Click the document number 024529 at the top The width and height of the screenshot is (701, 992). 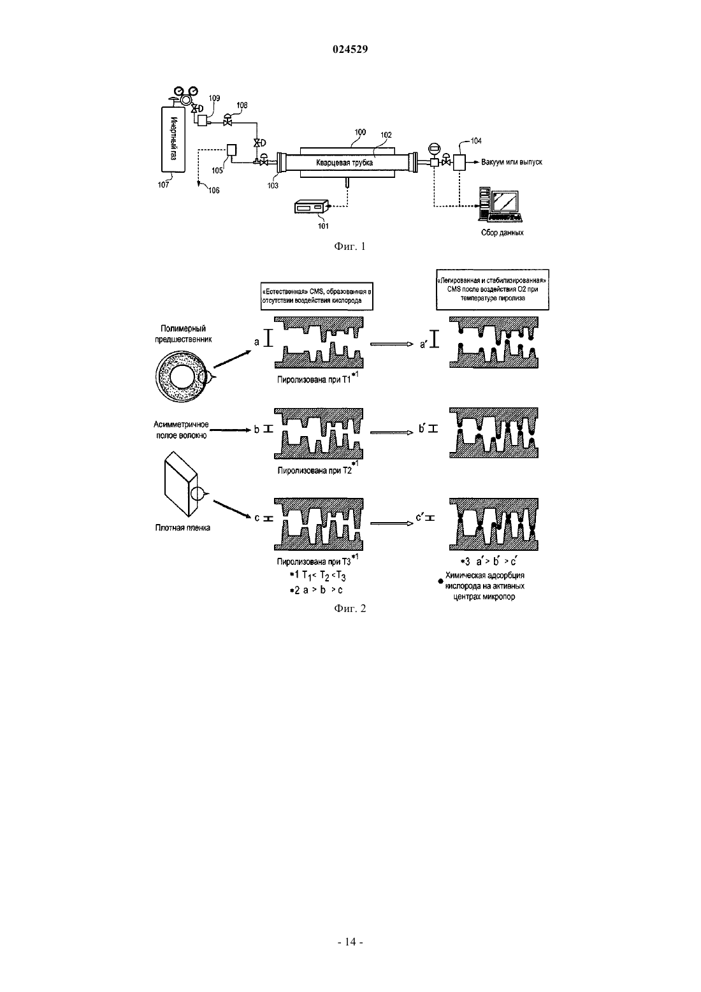[x=350, y=49]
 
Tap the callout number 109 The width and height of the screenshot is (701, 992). [x=214, y=98]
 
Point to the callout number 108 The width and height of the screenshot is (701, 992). [x=242, y=105]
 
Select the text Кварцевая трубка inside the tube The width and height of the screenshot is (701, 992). [x=344, y=163]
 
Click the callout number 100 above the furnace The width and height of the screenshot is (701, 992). [x=360, y=131]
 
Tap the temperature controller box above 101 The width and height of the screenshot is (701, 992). [x=312, y=208]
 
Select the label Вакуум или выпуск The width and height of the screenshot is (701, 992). [x=512, y=162]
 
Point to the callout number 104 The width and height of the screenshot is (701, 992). [x=476, y=141]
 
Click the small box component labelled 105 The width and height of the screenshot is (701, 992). [x=231, y=150]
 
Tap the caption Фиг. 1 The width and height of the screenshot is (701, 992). [x=350, y=246]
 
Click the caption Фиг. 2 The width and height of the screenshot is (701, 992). [x=350, y=608]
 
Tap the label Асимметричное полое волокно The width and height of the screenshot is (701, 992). [x=181, y=430]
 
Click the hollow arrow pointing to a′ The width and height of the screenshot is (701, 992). [x=392, y=344]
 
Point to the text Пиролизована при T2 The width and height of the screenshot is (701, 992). [x=315, y=470]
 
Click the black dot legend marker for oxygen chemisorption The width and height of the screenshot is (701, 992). [x=440, y=581]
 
